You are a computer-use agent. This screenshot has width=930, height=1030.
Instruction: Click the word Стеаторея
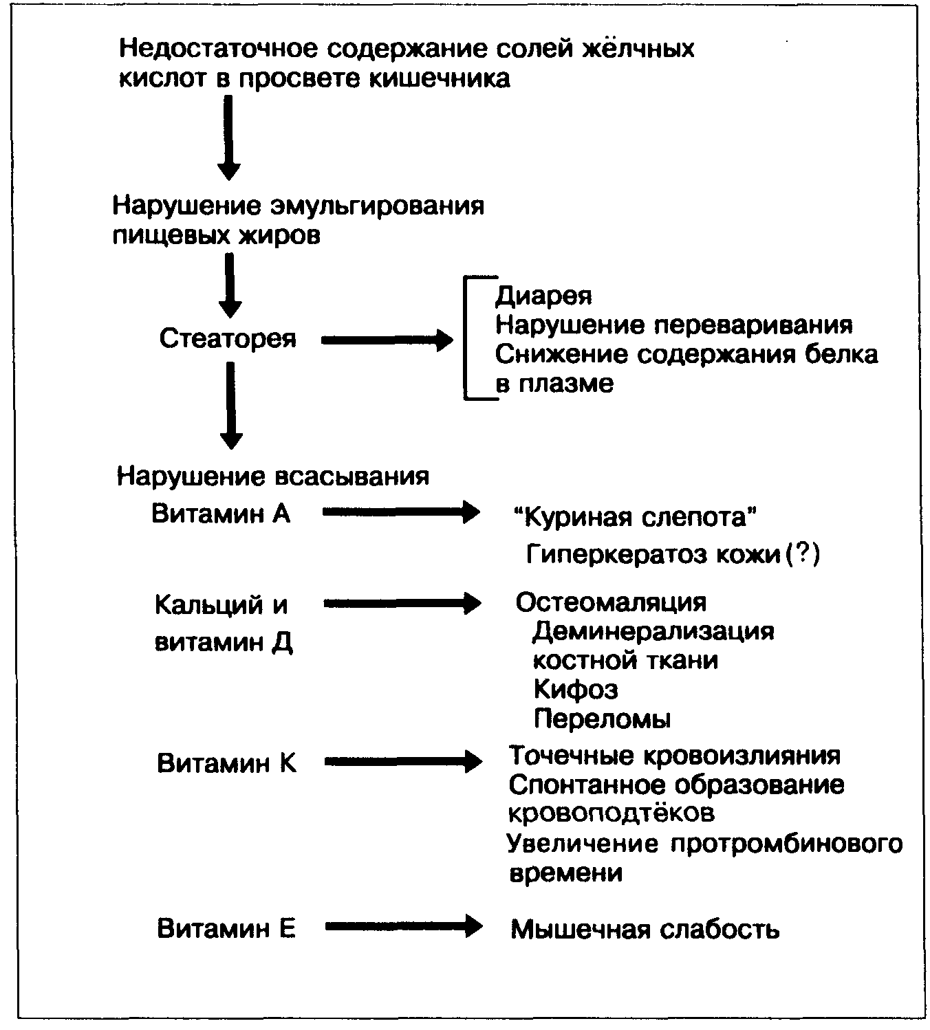pyautogui.click(x=228, y=338)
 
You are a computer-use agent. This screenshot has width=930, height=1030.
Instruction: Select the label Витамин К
pyautogui.click(x=226, y=763)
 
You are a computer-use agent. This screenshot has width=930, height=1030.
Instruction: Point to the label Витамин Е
pyautogui.click(x=226, y=929)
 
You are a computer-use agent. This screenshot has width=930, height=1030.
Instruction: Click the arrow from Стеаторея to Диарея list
pyautogui.click(x=387, y=340)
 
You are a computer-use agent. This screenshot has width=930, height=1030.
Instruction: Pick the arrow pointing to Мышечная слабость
pyautogui.click(x=404, y=927)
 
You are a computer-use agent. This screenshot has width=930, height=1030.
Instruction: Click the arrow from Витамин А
pyautogui.click(x=401, y=512)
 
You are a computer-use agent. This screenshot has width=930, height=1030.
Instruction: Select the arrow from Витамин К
pyautogui.click(x=403, y=761)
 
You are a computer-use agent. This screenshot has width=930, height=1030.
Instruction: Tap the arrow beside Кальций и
pyautogui.click(x=402, y=603)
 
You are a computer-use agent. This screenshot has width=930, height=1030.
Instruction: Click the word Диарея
pyautogui.click(x=543, y=296)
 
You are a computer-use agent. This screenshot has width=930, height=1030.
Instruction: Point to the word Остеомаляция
pyautogui.click(x=611, y=602)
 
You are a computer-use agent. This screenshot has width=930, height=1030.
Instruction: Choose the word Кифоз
pyautogui.click(x=576, y=689)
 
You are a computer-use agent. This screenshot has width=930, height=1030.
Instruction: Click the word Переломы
pyautogui.click(x=602, y=719)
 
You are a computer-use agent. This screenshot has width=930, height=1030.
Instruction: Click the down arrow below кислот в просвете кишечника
pyautogui.click(x=229, y=137)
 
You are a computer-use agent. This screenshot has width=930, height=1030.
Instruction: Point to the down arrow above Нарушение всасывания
pyautogui.click(x=230, y=406)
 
